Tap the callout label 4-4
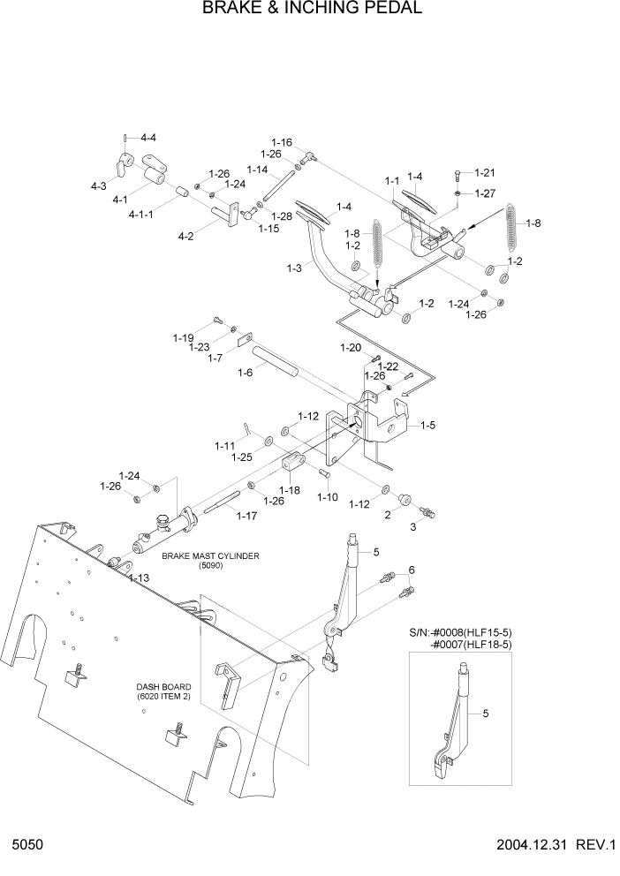click(x=147, y=138)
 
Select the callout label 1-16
click(x=282, y=142)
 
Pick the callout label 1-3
click(x=294, y=268)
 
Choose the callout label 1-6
click(x=247, y=373)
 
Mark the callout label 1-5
click(x=427, y=426)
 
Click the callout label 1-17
click(x=246, y=516)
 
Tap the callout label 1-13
click(x=138, y=578)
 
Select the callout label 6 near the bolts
click(x=411, y=570)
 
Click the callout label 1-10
click(x=328, y=497)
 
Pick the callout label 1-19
click(x=183, y=337)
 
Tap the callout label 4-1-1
click(x=140, y=215)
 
